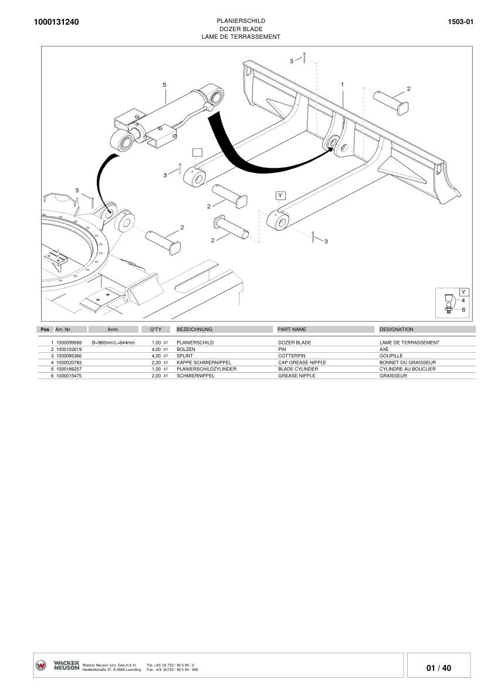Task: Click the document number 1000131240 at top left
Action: pos(56,22)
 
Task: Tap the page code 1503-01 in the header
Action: pos(461,22)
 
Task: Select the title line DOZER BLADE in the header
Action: pos(241,29)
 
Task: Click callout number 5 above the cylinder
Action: pos(165,85)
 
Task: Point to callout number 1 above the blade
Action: pos(342,85)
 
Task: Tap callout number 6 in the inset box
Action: pos(463,309)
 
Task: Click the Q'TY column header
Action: pos(155,330)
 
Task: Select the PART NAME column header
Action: pos(292,330)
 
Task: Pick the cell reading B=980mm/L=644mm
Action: pos(113,342)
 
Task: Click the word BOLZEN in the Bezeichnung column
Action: pos(185,349)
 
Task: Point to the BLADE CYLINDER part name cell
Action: pos(298,369)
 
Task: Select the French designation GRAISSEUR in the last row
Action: pos(393,376)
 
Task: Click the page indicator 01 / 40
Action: pos(439,668)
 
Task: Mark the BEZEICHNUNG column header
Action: pos(194,330)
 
